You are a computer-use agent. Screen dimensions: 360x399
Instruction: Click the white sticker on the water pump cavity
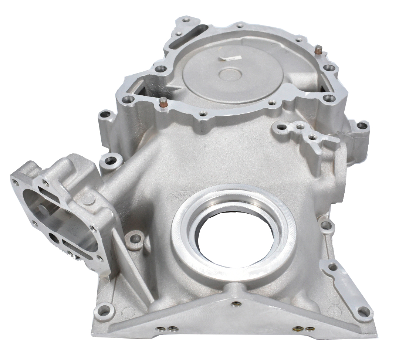(229, 57)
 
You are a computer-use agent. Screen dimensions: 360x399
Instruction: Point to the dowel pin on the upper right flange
(317, 49)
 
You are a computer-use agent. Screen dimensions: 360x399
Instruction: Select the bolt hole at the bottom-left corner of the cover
(104, 310)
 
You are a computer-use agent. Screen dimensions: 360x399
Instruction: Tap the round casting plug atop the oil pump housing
(88, 198)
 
